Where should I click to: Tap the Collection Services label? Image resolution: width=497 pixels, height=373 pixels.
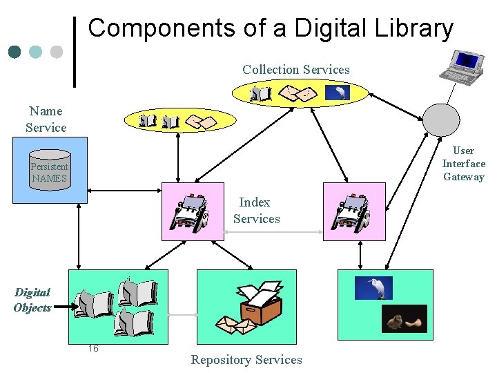tap(295, 70)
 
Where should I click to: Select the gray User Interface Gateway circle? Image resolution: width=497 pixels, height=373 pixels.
tap(440, 119)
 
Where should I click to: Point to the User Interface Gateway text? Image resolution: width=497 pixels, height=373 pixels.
tap(463, 164)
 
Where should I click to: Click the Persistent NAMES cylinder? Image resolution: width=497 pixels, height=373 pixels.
tap(50, 171)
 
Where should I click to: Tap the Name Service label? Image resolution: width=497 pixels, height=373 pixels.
tap(46, 119)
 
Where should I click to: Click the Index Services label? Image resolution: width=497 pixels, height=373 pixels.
tap(256, 211)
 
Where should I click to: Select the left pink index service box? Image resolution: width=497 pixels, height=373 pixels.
tap(193, 211)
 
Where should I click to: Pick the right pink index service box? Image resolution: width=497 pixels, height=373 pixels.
tap(354, 211)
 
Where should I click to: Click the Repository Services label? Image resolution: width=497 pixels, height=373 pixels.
tap(246, 360)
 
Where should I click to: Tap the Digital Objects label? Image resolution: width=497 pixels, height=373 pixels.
tap(32, 300)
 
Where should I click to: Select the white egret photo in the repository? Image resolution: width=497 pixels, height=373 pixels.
tap(373, 287)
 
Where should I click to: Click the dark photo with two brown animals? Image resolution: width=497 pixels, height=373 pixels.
tap(405, 318)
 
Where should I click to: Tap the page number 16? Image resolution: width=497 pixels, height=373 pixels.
tap(93, 348)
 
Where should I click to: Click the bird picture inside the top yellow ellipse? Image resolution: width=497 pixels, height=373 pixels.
tap(338, 93)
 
